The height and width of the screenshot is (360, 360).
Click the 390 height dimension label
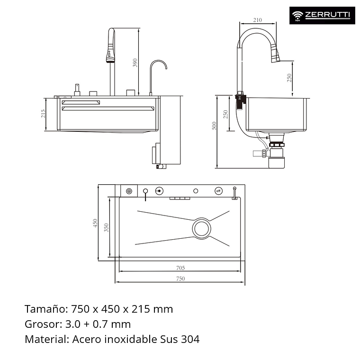[135, 63]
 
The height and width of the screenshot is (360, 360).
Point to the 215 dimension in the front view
[43, 114]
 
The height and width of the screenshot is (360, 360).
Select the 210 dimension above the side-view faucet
[257, 20]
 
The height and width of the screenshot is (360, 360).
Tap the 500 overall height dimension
[214, 126]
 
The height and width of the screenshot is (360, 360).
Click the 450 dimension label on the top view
[95, 223]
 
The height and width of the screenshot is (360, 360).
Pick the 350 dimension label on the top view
[107, 227]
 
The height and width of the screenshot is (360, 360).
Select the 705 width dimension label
[180, 268]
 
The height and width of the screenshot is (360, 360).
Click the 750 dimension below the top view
[180, 279]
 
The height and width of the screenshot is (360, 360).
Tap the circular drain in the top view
[202, 228]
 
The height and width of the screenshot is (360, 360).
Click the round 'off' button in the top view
[218, 190]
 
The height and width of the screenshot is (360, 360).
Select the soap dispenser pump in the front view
[75, 90]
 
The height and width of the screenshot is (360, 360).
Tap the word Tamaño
[45, 309]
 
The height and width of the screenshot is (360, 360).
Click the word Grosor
[42, 324]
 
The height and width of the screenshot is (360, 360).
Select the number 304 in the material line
[190, 339]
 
